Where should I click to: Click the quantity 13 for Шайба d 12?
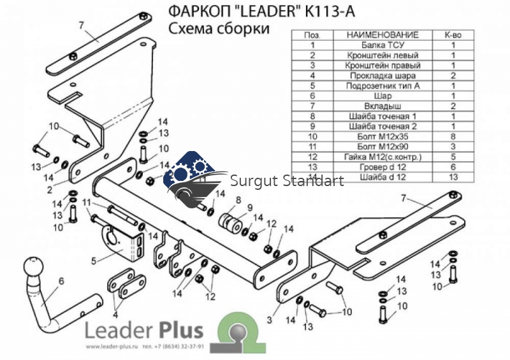(453, 177)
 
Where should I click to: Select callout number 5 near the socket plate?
(93, 260)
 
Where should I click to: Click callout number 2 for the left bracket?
(48, 189)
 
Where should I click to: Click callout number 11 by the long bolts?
(87, 203)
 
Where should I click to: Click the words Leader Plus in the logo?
(144, 330)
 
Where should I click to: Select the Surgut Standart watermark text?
(287, 181)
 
